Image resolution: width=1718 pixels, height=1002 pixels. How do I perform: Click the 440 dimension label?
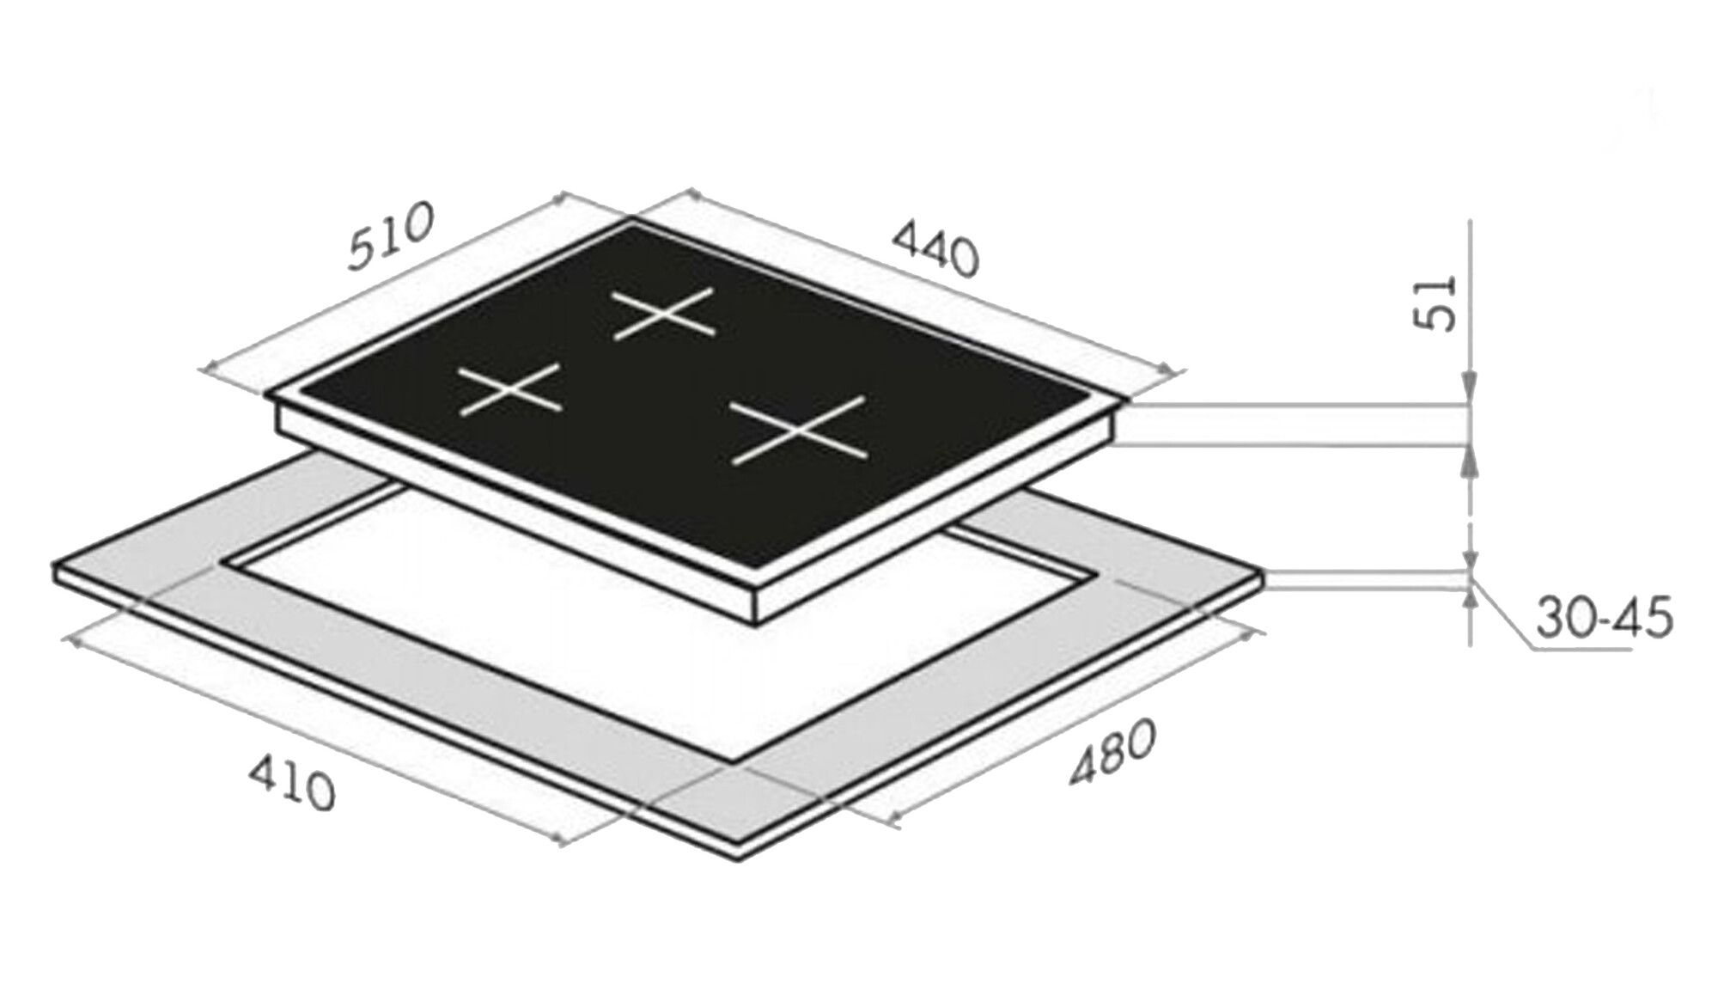(935, 249)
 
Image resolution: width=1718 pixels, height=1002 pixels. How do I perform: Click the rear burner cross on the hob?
(663, 315)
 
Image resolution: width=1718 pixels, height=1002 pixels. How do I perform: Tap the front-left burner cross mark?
(510, 390)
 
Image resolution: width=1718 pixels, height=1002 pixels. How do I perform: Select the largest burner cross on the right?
(799, 431)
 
